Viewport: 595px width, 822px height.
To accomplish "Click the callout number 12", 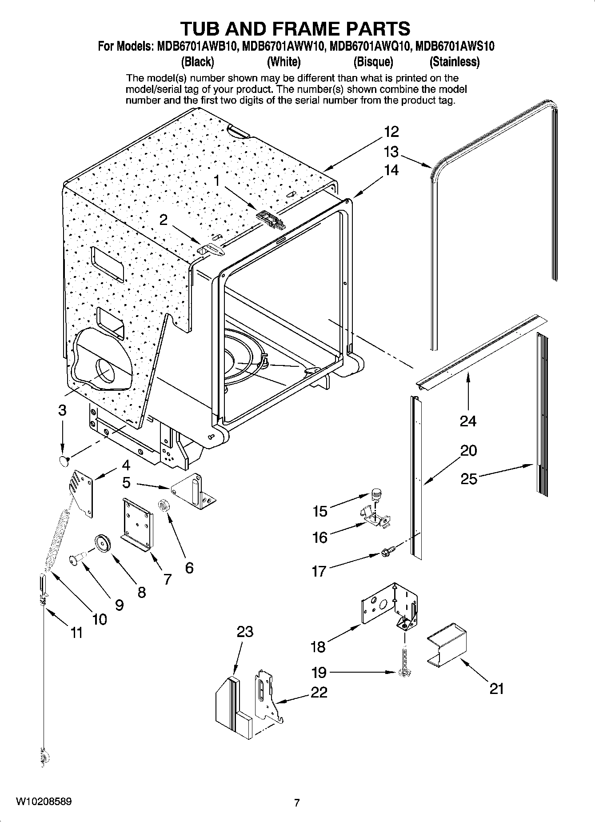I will coord(391,132).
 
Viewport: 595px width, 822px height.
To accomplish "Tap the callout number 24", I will coord(468,421).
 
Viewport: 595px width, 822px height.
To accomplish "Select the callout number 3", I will coord(62,410).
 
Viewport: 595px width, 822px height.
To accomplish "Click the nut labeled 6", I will coord(163,506).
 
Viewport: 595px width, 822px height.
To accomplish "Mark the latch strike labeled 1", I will coord(271,220).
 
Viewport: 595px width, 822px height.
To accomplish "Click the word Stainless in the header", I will coord(454,62).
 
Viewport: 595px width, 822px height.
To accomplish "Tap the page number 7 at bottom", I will coord(297,802).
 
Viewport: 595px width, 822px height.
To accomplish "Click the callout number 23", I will coord(245,631).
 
